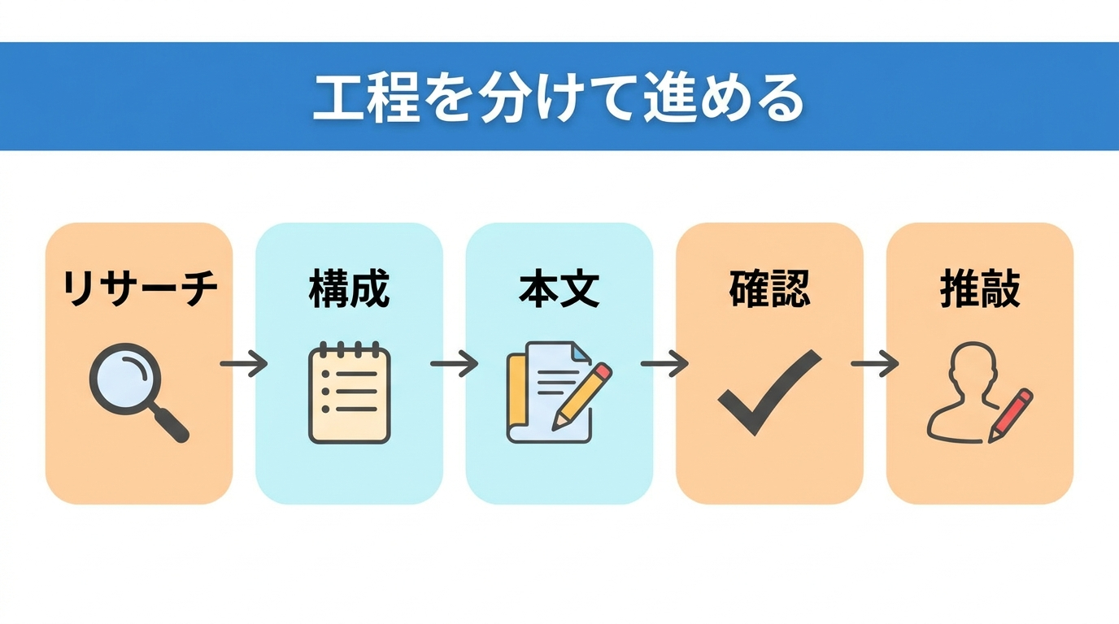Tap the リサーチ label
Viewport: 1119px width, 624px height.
pyautogui.click(x=139, y=289)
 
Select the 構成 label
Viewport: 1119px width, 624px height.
pyautogui.click(x=349, y=289)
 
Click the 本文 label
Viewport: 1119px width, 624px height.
pyautogui.click(x=559, y=289)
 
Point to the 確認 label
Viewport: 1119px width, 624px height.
pyautogui.click(x=770, y=289)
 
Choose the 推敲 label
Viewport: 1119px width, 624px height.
pyautogui.click(x=980, y=289)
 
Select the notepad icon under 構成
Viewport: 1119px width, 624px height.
pyautogui.click(x=349, y=392)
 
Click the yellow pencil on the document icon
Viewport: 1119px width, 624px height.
pyautogui.click(x=582, y=396)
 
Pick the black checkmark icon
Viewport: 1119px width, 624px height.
pyautogui.click(x=769, y=393)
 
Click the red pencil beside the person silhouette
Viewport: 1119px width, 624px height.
pyautogui.click(x=1010, y=415)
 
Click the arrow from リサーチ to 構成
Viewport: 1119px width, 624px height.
pyautogui.click(x=244, y=363)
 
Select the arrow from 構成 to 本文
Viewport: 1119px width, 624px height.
pyautogui.click(x=454, y=363)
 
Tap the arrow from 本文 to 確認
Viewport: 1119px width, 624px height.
pyautogui.click(x=664, y=363)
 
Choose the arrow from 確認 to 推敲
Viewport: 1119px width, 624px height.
pyautogui.click(x=875, y=363)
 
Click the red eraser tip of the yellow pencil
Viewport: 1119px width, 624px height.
pyautogui.click(x=603, y=371)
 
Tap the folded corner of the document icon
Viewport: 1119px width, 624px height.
pyautogui.click(x=581, y=353)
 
